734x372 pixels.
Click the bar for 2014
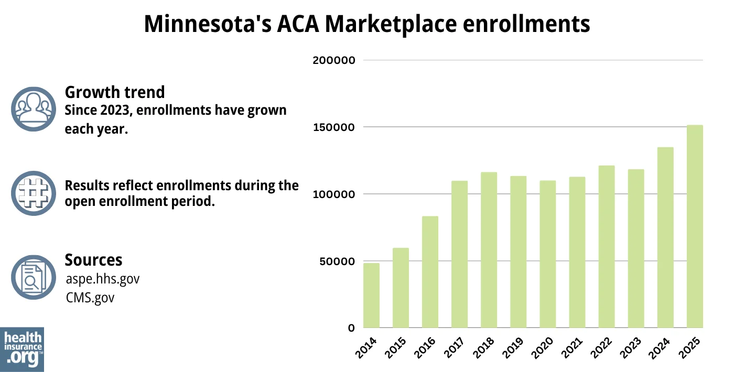[371, 296]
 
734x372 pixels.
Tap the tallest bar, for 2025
[695, 226]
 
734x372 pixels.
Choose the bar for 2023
[636, 248]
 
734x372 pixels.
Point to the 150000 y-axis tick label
[334, 127]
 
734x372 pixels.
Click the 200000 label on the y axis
[334, 60]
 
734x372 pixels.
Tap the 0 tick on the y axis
[351, 329]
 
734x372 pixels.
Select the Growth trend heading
[114, 92]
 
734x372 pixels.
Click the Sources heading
[93, 260]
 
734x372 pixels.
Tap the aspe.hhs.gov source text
[103, 279]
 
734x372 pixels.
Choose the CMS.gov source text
[90, 297]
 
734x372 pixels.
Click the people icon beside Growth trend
[34, 108]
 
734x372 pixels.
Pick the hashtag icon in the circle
[34, 193]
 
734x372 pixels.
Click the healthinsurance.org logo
[22, 349]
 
